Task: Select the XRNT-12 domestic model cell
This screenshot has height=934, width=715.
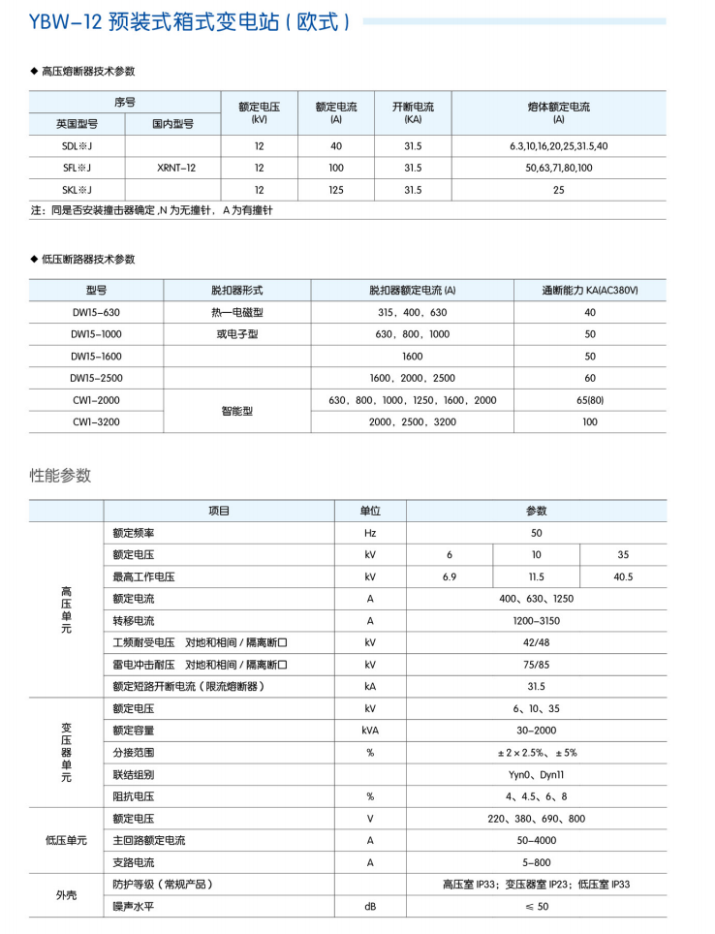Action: pyautogui.click(x=175, y=168)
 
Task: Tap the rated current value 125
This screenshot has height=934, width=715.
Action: pyautogui.click(x=336, y=190)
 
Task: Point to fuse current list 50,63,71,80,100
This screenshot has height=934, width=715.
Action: pyautogui.click(x=558, y=168)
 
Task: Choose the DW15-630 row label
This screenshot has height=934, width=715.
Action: pyautogui.click(x=95, y=312)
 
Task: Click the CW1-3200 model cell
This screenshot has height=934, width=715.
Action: pyautogui.click(x=95, y=422)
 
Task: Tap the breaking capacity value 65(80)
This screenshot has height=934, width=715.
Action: pyautogui.click(x=590, y=400)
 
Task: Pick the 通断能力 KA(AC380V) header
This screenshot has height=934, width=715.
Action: pyautogui.click(x=590, y=290)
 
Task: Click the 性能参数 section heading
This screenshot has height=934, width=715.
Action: pyautogui.click(x=60, y=475)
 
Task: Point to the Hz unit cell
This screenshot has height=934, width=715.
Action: pyautogui.click(x=370, y=533)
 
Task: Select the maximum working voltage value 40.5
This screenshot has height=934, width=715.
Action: pyautogui.click(x=623, y=576)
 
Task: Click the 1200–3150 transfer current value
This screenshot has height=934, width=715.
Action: pyautogui.click(x=536, y=620)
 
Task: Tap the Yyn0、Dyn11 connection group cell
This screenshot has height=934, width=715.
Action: pyautogui.click(x=536, y=774)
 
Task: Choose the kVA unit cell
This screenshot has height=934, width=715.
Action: pyautogui.click(x=370, y=731)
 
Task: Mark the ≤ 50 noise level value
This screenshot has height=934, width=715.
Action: pyautogui.click(x=536, y=906)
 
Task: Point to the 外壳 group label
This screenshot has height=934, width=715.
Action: pyautogui.click(x=66, y=895)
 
